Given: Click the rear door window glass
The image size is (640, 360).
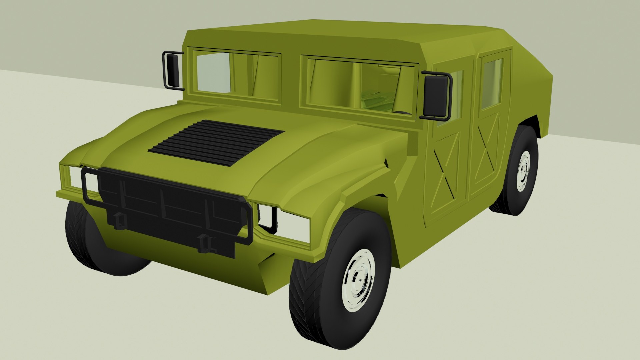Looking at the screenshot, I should pos(492,83).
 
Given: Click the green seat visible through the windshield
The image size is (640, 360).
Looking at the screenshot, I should pos(377,98).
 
